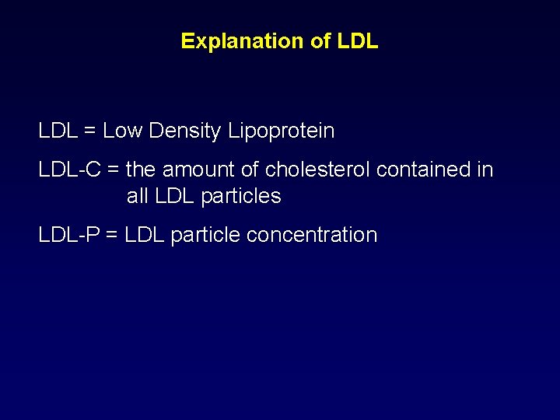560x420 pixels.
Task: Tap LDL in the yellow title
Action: tap(359, 41)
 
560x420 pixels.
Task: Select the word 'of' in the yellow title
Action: tap(321, 41)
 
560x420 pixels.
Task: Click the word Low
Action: tap(123, 131)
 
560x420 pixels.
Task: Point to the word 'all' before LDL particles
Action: tap(138, 197)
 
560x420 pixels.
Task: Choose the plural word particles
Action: tap(241, 197)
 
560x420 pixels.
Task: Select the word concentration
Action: tap(311, 235)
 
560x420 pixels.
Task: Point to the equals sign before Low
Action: tap(89, 131)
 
